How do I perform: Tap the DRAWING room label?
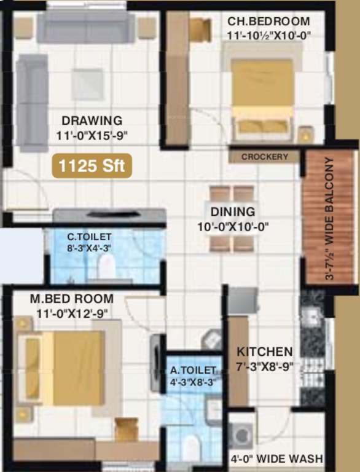(92, 120)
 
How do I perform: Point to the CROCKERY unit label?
(264, 157)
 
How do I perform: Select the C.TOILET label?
(89, 237)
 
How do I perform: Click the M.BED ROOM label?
(72, 299)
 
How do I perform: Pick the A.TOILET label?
(194, 370)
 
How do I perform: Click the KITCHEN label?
(265, 352)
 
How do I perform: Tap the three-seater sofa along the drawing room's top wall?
(86, 26)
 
